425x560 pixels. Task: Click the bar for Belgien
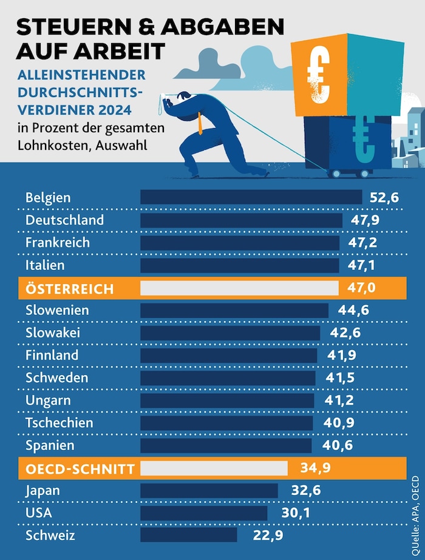point(251,197)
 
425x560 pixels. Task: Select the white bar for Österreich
point(239,288)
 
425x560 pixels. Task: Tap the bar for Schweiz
point(189,535)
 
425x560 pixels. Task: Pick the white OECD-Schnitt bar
point(214,468)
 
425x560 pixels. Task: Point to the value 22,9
point(268,535)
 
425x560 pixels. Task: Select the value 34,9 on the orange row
point(315,468)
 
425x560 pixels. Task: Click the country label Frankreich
point(58,242)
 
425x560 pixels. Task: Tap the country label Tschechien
point(59,422)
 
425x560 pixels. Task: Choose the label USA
point(39,513)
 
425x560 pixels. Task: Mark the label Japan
point(43,490)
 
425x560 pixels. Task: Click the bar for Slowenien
point(234,310)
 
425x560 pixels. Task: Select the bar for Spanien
point(226,445)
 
